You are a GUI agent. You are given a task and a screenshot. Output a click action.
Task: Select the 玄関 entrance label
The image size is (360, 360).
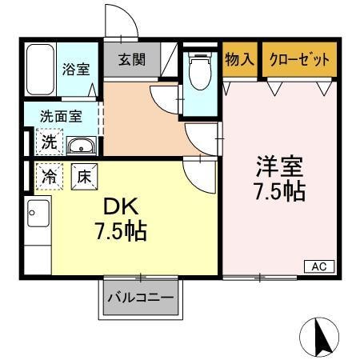[133, 60]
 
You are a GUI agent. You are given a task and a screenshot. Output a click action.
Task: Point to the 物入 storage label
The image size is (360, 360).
[239, 59]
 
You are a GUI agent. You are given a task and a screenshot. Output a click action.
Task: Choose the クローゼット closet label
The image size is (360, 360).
[298, 59]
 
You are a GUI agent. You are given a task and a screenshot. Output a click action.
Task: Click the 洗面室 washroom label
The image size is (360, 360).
[60, 115]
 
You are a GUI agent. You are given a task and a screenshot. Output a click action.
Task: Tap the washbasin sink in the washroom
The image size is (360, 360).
[79, 146]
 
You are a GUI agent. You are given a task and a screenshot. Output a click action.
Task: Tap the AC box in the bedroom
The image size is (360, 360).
[318, 266]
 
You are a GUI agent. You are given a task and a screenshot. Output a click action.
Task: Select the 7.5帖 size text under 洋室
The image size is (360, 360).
[279, 192]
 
